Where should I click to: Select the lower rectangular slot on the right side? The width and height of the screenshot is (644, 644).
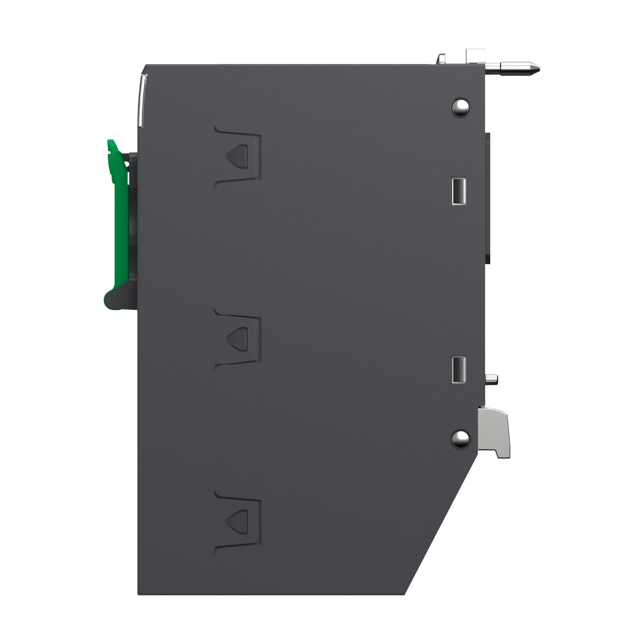click(458, 369)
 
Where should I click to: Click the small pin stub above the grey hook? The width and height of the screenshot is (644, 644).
click(492, 379)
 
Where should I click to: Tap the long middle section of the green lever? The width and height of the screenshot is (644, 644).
click(115, 223)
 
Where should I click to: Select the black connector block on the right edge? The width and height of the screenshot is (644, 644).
click(489, 197)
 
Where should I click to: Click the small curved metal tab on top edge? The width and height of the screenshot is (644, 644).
click(442, 59)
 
